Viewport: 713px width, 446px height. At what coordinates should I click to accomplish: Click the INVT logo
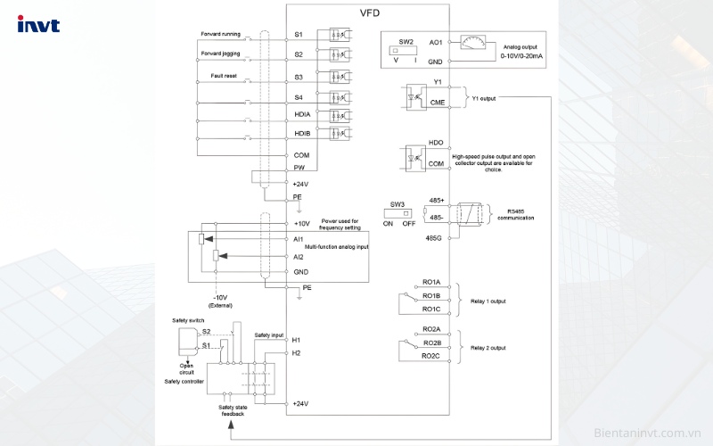click(x=38, y=25)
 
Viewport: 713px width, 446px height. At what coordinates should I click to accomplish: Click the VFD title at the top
click(x=368, y=14)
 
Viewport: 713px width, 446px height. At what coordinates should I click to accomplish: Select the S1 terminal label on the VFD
click(x=299, y=34)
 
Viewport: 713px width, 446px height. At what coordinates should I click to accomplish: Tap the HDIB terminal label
click(x=302, y=134)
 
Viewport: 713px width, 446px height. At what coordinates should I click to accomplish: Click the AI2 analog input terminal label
click(x=299, y=256)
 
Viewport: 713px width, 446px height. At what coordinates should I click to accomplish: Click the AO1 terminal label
click(x=436, y=42)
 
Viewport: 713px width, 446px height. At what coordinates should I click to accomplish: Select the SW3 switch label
click(x=397, y=203)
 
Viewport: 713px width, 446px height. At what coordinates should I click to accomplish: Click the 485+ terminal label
click(x=435, y=202)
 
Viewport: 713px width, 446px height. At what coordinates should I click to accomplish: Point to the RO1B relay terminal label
click(x=431, y=295)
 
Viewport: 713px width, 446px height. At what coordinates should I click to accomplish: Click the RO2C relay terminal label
click(x=431, y=356)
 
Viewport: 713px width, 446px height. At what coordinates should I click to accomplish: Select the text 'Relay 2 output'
click(x=488, y=347)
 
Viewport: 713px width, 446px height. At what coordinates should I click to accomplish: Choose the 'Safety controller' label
click(x=184, y=381)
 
